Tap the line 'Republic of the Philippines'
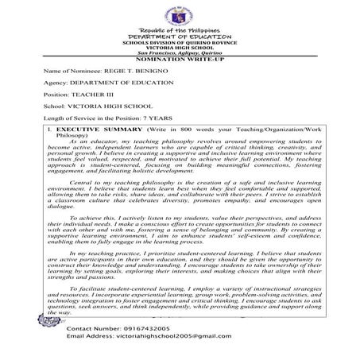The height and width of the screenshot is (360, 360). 179,29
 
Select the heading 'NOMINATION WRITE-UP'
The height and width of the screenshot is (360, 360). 179,60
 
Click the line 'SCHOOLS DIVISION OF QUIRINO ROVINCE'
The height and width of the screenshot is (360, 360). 179,42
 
